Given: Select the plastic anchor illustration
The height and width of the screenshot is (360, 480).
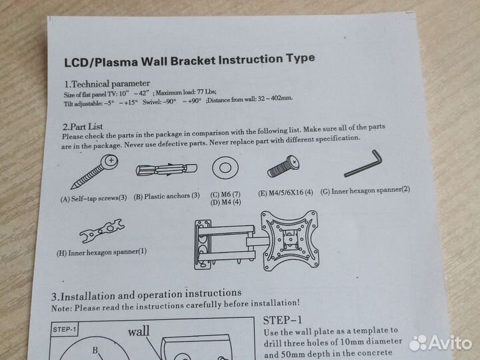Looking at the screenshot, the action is point(167,169).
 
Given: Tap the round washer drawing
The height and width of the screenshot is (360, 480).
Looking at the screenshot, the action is point(225,168).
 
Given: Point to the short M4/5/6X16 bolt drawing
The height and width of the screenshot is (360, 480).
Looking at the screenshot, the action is point(283,167).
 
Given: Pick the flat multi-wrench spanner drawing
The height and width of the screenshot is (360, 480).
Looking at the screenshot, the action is point(102,231).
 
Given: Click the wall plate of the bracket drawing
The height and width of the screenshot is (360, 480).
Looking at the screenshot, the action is point(203,245).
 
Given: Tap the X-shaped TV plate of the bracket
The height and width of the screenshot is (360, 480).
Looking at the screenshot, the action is point(289,241).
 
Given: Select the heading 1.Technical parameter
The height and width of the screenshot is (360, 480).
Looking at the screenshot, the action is point(107,83).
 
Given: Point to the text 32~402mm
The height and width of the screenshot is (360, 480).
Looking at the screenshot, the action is point(275,99).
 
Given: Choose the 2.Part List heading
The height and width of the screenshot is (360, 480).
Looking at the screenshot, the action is point(83,127).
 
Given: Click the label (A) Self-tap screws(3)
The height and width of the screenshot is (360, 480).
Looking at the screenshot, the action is point(94,198).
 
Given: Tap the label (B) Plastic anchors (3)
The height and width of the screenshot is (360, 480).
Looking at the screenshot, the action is point(167,196).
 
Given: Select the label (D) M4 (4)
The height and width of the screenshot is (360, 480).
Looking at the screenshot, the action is point(225,203).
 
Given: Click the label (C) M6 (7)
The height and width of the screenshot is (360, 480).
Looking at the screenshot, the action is point(225,195).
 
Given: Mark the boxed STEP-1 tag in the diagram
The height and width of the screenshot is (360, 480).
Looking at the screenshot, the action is point(64,330).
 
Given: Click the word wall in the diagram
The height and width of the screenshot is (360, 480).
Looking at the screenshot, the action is point(139,331).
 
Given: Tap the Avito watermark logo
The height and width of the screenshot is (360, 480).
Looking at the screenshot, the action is point(440,343).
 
